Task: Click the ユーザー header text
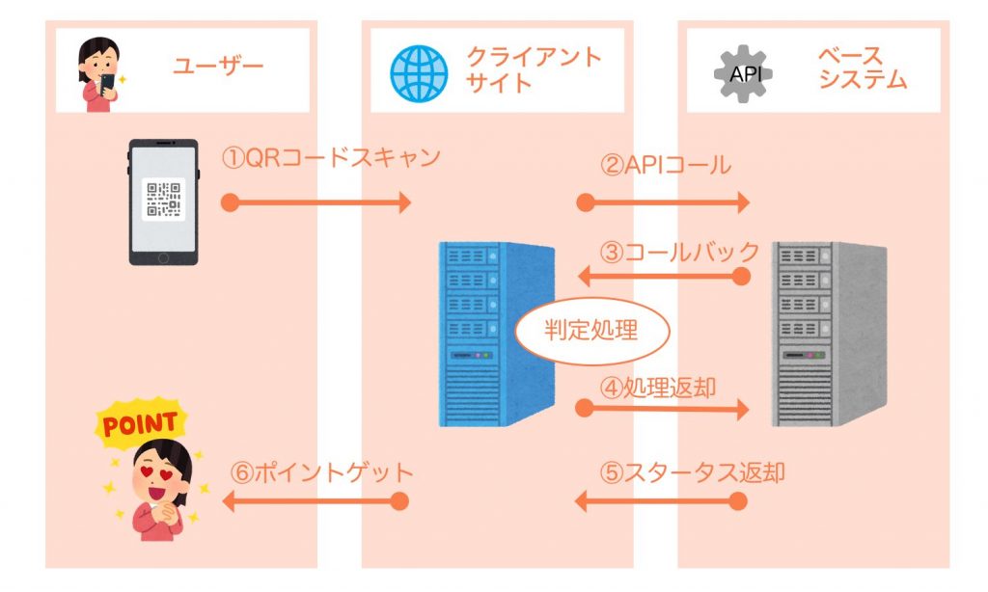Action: pos(218,67)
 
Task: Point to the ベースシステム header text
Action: pos(863,67)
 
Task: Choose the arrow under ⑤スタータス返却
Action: pos(662,501)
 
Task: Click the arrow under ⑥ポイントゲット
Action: pos(315,501)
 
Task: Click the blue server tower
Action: pos(497,333)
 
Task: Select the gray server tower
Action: pos(828,333)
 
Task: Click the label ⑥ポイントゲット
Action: pos(322,472)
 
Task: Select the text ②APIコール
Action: pos(665,165)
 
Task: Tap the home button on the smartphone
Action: pos(164,257)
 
